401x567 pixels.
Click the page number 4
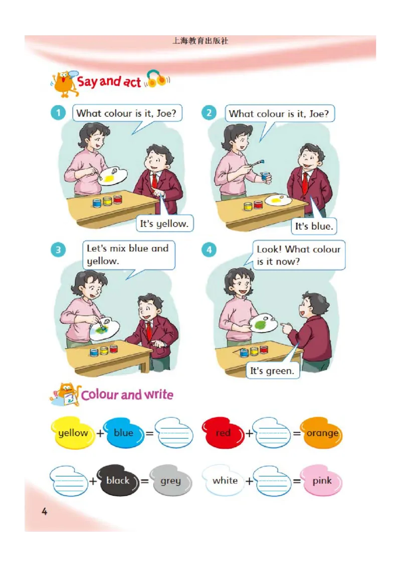coord(45,511)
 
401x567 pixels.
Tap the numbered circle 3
coord(58,250)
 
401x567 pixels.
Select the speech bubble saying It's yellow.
coord(164,223)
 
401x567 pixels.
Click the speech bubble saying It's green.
coord(272,371)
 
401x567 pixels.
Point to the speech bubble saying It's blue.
coord(314,226)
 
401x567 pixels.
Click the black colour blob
coord(118,480)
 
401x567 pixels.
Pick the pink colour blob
coord(321,480)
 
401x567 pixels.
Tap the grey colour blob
coord(170,480)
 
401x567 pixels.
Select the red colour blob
coord(223,433)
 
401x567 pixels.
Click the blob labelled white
coord(225,480)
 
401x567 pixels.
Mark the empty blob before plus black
coord(69,480)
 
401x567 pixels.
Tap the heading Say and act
coord(109,81)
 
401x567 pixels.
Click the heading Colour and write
coord(127,395)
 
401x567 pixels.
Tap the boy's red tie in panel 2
coord(305,183)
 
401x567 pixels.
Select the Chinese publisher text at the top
coord(200,41)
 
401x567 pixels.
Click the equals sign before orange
coord(296,433)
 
